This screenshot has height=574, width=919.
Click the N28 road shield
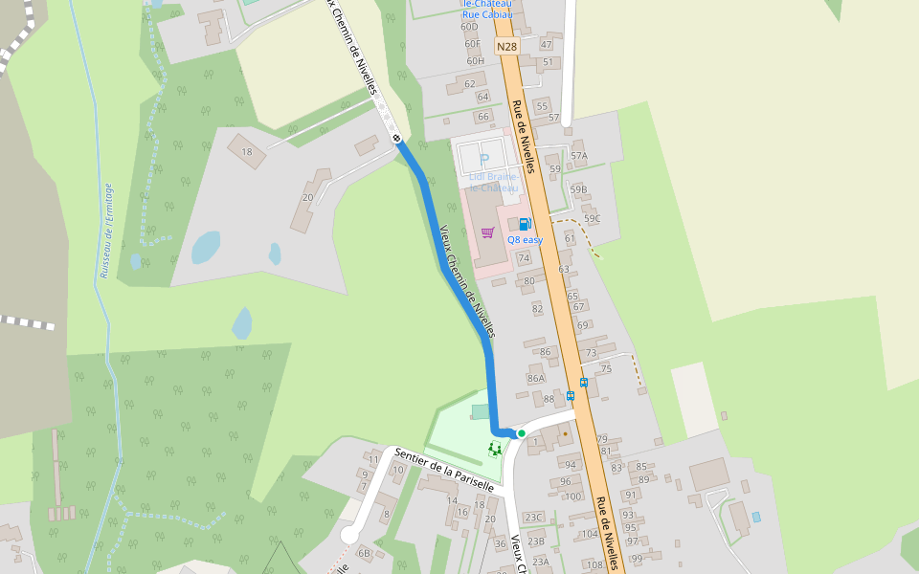click(x=506, y=46)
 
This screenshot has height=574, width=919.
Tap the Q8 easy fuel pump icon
click(x=525, y=224)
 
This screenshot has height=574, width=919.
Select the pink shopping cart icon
click(x=487, y=232)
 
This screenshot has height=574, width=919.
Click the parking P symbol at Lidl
click(x=484, y=160)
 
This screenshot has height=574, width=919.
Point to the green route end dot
click(x=521, y=433)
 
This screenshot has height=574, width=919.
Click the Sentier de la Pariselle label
click(x=443, y=470)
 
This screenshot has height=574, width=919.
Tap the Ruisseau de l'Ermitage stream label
click(x=104, y=231)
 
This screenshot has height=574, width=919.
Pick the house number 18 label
click(x=247, y=151)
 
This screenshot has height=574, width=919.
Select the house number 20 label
click(x=307, y=198)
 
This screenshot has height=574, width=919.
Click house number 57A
click(x=578, y=155)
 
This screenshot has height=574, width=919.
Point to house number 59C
click(x=592, y=218)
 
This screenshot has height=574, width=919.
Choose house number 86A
click(x=535, y=379)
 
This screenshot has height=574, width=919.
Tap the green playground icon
click(x=495, y=448)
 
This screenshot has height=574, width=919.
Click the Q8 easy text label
click(x=525, y=240)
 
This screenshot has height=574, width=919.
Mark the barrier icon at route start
click(x=396, y=140)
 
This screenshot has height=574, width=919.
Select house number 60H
click(x=476, y=61)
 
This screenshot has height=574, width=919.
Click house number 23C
click(x=533, y=518)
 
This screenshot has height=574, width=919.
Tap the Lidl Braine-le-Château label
click(x=495, y=182)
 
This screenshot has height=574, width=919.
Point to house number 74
click(x=523, y=258)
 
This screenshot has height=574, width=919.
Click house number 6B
click(x=364, y=552)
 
